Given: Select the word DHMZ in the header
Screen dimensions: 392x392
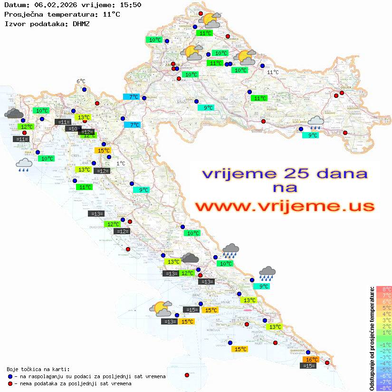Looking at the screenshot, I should pyautogui.click(x=81, y=23).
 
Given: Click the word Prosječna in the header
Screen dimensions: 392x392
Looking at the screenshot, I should pyautogui.click(x=23, y=14).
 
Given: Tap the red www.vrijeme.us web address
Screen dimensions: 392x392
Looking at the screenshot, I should pyautogui.click(x=285, y=206).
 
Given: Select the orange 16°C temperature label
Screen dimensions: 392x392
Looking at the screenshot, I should pyautogui.click(x=312, y=360).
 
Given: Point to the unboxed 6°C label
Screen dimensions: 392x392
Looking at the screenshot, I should pyautogui.click(x=81, y=82).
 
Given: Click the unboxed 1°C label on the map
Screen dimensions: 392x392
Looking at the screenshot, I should pyautogui.click(x=121, y=163).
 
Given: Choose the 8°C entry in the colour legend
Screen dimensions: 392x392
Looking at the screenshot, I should pyautogui.click(x=383, y=289).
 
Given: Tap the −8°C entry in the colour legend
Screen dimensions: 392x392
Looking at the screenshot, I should pyautogui.click(x=383, y=388).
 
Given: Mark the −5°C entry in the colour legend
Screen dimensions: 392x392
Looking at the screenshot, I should pyautogui.click(x=383, y=370).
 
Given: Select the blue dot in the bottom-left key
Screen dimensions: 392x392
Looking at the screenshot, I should pyautogui.click(x=10, y=376).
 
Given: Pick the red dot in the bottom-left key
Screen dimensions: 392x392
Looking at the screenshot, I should pyautogui.click(x=10, y=383).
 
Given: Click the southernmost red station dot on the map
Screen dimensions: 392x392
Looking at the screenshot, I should pyautogui.click(x=187, y=375).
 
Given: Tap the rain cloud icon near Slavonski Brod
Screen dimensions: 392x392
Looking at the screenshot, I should pyautogui.click(x=316, y=123).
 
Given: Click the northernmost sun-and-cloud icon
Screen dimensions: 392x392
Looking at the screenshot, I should pyautogui.click(x=211, y=20).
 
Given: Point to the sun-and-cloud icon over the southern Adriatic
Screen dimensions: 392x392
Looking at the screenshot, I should pyautogui.click(x=161, y=309).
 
